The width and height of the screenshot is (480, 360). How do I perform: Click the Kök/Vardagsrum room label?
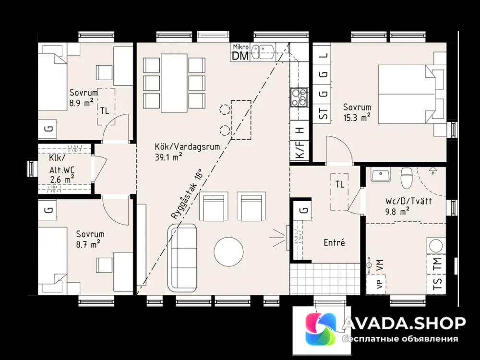coord(187,147)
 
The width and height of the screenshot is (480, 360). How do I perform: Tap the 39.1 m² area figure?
coord(168,157)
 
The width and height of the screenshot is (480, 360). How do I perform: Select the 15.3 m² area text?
coord(357,118)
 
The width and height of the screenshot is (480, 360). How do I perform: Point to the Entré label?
coord(334,243)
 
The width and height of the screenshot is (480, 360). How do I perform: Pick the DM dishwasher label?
coord(240,56)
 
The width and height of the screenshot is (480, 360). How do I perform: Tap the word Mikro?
coord(240,47)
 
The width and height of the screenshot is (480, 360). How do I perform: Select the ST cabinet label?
coord(323,113)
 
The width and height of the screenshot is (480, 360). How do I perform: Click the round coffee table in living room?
coord(228,252)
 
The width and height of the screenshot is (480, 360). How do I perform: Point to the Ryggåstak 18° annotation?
coord(187,194)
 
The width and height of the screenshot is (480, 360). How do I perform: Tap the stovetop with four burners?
coord(299,97)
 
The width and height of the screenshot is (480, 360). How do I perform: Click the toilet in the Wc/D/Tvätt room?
coord(407,178)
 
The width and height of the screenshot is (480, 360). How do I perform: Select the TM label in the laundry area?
coord(437,264)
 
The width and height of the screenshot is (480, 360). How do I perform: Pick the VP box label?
coord(380,284)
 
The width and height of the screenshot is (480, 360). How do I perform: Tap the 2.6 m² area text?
coord(62,180)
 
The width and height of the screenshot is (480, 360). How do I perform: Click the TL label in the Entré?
coord(339,185)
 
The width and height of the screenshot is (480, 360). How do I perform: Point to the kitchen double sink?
coord(263,52)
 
